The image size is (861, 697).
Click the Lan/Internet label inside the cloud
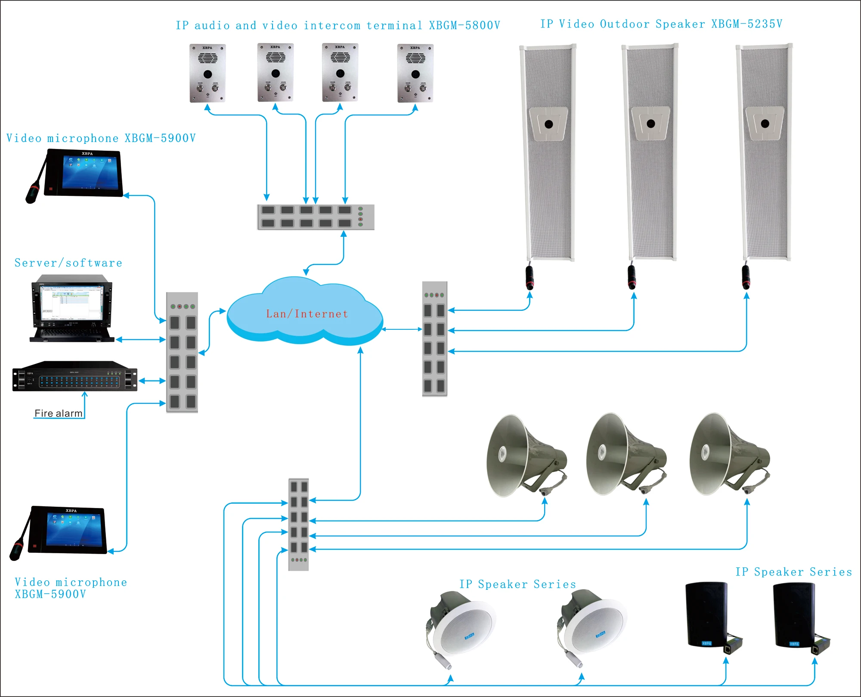pyautogui.click(x=307, y=314)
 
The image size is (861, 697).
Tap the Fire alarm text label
pyautogui.click(x=58, y=413)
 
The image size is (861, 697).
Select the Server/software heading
pyautogui.click(x=68, y=263)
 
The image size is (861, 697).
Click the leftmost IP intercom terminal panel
pyautogui.click(x=208, y=73)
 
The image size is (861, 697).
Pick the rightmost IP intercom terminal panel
pyautogui.click(x=415, y=73)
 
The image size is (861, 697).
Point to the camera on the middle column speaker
pyautogui.click(x=650, y=124)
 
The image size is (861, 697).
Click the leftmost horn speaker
pyautogui.click(x=523, y=455)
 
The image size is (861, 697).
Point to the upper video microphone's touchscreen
pyautogui.click(x=90, y=172)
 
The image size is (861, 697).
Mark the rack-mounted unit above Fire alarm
pyautogui.click(x=75, y=376)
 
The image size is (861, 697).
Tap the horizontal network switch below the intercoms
pyautogui.click(x=316, y=217)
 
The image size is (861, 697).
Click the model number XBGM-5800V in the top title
pyautogui.click(x=464, y=26)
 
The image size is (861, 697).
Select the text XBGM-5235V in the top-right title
pyautogui.click(x=746, y=24)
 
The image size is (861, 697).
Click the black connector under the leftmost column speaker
pyautogui.click(x=530, y=278)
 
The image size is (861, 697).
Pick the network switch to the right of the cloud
pyautogui.click(x=435, y=339)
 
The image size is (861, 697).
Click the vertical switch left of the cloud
pyautogui.click(x=182, y=352)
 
